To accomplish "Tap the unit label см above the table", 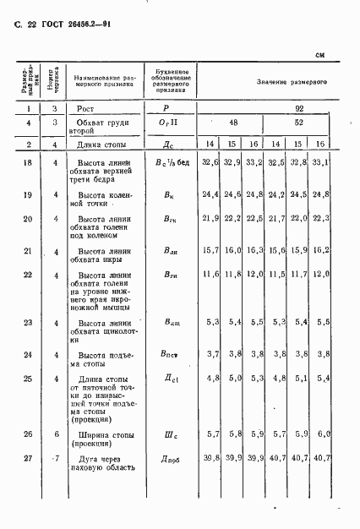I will (x=320, y=55).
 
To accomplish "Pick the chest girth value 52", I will (x=299, y=123).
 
